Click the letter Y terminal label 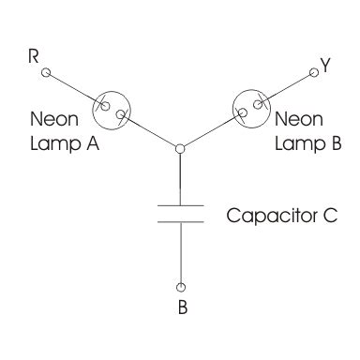pyautogui.click(x=325, y=65)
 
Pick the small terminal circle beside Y pyautogui.click(x=312, y=70)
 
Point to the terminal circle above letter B pyautogui.click(x=181, y=286)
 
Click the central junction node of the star pyautogui.click(x=179, y=146)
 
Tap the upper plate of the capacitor pyautogui.click(x=180, y=203)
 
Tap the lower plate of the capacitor pyautogui.click(x=180, y=221)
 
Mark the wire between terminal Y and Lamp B pyautogui.click(x=290, y=83)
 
